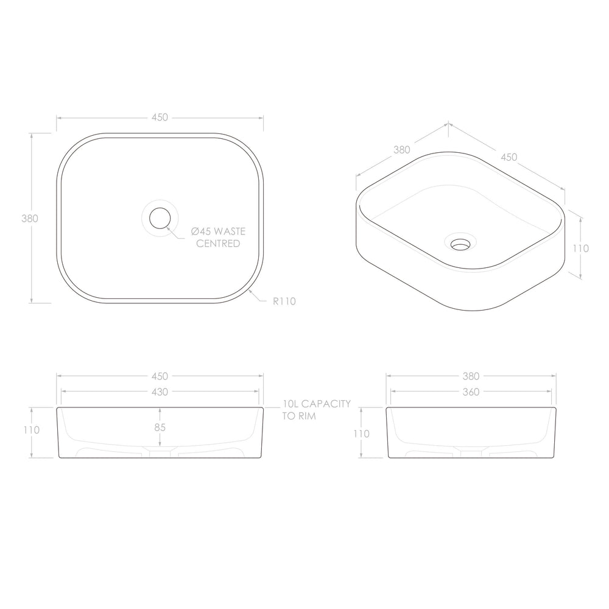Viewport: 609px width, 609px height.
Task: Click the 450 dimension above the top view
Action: coord(160,118)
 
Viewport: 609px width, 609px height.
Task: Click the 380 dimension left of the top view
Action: coord(30,219)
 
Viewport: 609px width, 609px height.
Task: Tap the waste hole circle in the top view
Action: coord(160,218)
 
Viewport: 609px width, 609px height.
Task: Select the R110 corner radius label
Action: coord(284,301)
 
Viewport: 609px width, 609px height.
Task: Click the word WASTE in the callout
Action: coord(230,231)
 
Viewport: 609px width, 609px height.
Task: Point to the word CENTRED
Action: coord(218,244)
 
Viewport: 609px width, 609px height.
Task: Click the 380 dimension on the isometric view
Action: coord(401,150)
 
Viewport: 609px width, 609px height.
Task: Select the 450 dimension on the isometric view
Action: coord(509,157)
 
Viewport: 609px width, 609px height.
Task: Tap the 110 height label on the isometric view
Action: coord(580,248)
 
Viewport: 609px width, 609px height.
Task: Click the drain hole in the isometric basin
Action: coord(460,244)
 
